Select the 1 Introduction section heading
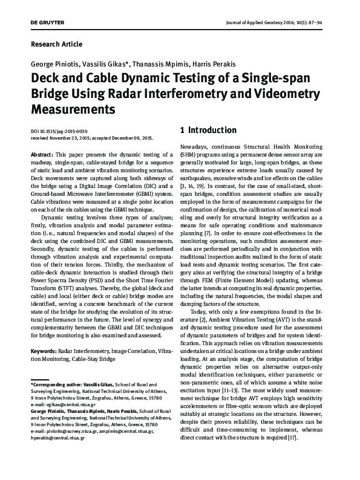pos(209,130)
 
